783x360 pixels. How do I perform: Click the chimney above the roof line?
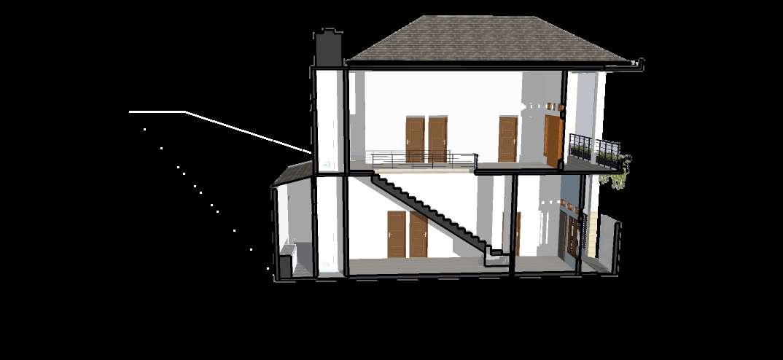tap(328, 49)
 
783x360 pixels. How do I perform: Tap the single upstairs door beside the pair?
tap(507, 138)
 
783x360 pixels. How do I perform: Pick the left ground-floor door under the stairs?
tap(396, 234)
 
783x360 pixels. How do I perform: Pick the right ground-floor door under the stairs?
tap(418, 235)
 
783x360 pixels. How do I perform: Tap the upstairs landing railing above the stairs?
tap(423, 158)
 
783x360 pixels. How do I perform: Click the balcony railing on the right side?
tap(594, 149)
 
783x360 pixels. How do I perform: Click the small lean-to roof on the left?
tap(292, 173)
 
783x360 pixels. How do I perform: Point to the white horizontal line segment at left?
tap(156, 111)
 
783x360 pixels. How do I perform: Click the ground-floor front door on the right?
tap(572, 235)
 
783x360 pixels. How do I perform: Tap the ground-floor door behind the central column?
tap(518, 233)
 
